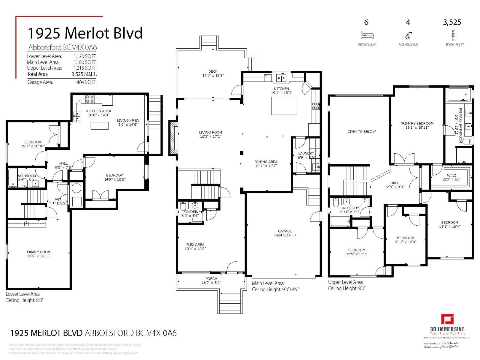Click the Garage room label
point(285,231)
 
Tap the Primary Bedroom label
point(417,123)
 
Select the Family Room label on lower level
point(38,252)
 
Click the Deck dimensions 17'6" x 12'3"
point(213,76)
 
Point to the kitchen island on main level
point(284,106)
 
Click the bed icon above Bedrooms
point(367,35)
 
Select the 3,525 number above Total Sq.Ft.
point(452,22)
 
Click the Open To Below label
point(361,131)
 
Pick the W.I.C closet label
point(451,175)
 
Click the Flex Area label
point(195,244)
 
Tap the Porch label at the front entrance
point(211,279)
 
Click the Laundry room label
point(306,153)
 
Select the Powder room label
point(190,211)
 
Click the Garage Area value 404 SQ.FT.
point(86,82)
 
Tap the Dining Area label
point(266,162)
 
